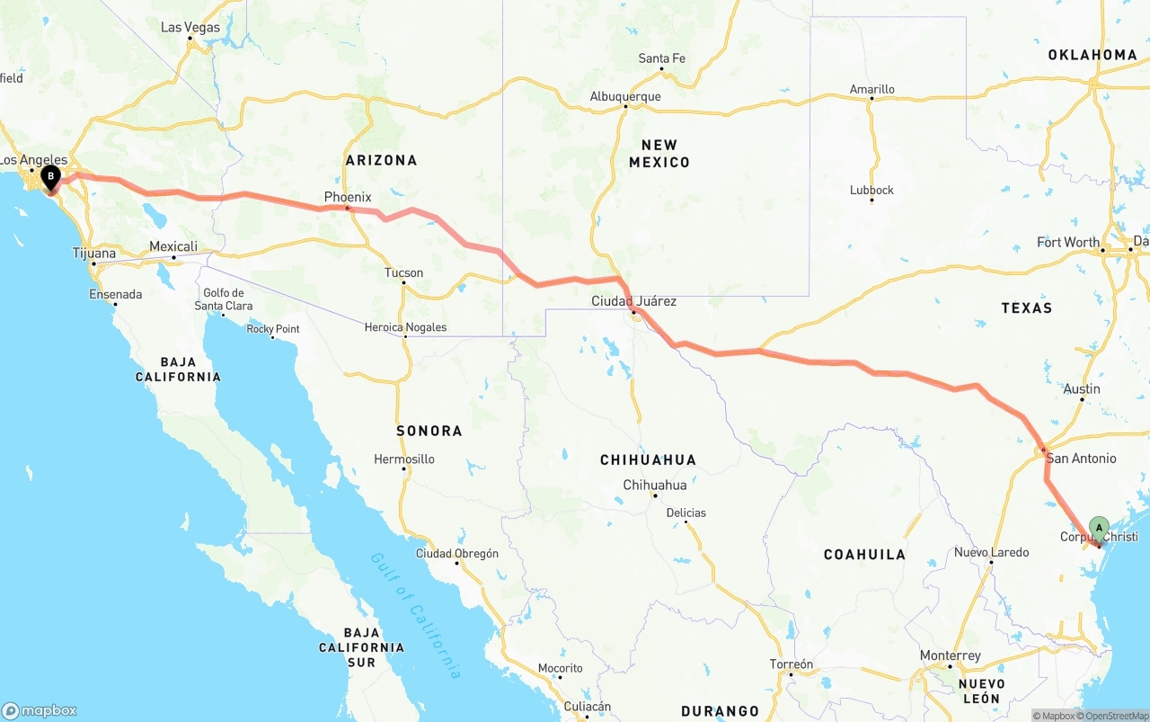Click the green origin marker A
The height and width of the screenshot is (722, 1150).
[x=1098, y=528]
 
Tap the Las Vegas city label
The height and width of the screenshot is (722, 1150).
[x=190, y=28]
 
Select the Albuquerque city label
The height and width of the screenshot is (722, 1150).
[x=625, y=97]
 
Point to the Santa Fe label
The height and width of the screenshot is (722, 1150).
[x=662, y=59]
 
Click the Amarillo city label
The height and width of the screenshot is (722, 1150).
[x=872, y=90]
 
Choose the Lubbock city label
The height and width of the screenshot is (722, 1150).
[x=871, y=191]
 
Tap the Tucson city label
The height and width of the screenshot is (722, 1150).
[x=403, y=273]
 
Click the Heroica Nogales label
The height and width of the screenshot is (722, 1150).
[x=405, y=327]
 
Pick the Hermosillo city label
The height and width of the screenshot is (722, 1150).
[x=404, y=459]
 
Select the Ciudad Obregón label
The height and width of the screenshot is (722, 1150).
[x=456, y=554]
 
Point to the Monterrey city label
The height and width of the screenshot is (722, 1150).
[x=951, y=656]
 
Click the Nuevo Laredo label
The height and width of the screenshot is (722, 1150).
[x=991, y=552]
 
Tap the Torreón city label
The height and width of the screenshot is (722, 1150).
[x=791, y=664]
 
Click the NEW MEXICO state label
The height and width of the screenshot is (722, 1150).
[x=659, y=154]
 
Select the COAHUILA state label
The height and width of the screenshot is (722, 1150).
[x=864, y=555]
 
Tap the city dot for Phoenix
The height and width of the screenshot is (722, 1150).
[x=348, y=209]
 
